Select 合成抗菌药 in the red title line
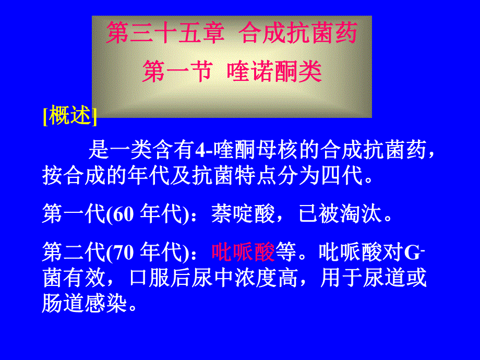pyautogui.click(x=299, y=34)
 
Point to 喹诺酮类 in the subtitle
pyautogui.click(x=274, y=73)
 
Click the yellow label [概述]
pyautogui.click(x=70, y=116)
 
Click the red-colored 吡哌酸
pyautogui.click(x=243, y=253)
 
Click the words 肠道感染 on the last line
pyautogui.click(x=84, y=303)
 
